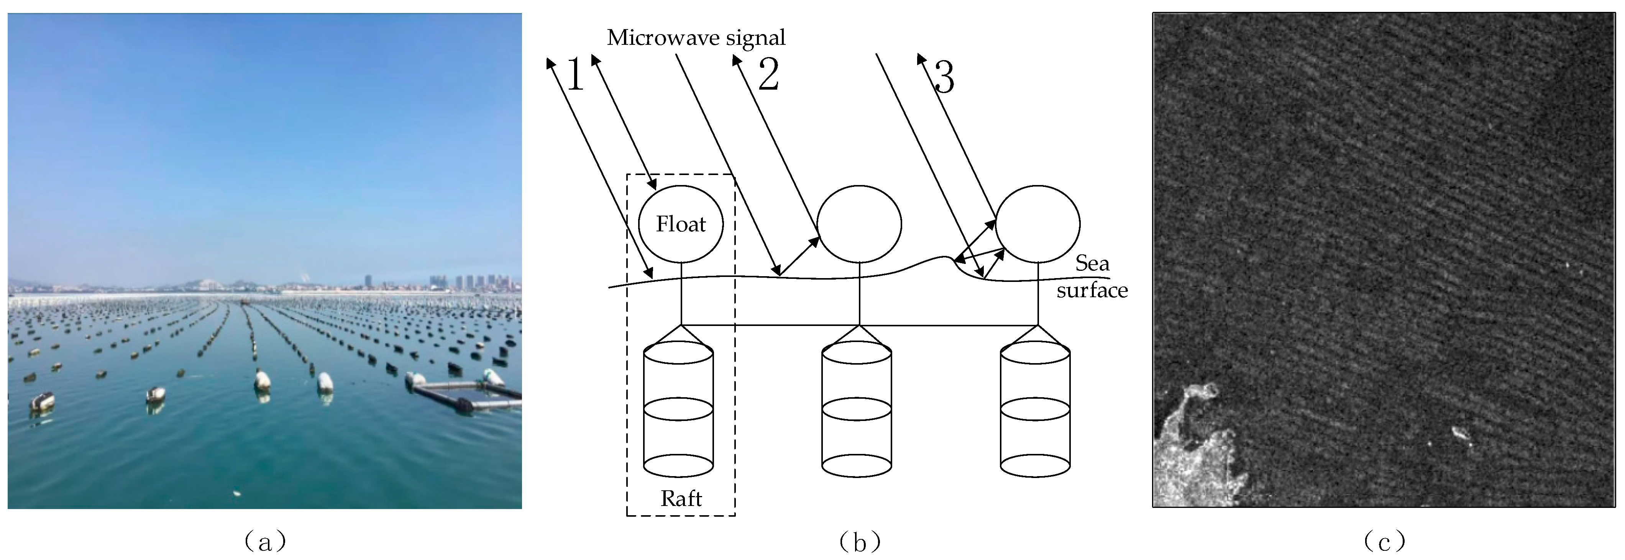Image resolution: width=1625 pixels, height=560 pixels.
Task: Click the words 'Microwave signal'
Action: (696, 38)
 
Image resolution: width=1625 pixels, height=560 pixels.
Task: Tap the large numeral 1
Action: (574, 74)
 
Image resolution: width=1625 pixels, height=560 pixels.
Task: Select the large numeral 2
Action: (768, 74)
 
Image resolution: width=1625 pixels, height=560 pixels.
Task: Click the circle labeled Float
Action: (681, 224)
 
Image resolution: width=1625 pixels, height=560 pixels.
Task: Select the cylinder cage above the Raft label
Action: (678, 410)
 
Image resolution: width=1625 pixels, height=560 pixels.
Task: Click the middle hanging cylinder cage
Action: (857, 410)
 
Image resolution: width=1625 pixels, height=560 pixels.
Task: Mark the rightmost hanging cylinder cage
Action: (1035, 410)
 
